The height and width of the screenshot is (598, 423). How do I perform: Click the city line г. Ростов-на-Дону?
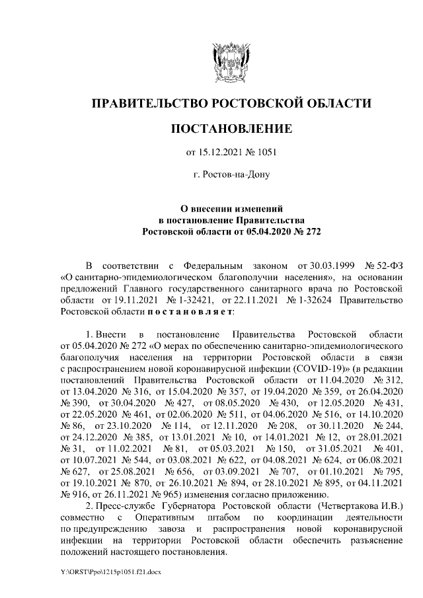(231, 175)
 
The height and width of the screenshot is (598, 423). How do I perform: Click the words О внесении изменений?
(231, 208)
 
